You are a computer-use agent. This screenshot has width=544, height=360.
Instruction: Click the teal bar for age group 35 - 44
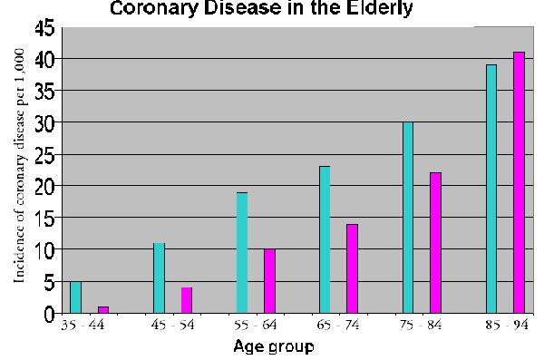75,297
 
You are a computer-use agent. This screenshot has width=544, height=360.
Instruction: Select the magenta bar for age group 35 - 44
103,309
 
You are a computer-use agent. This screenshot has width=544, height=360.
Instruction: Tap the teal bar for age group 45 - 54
160,278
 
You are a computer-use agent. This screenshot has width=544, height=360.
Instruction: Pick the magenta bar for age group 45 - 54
187,300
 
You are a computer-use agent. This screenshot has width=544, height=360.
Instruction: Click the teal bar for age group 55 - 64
242,253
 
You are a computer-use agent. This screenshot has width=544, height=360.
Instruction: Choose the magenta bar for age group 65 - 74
352,268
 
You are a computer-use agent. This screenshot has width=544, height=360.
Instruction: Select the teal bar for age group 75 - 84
408,218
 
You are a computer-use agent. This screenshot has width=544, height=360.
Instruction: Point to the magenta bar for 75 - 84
436,243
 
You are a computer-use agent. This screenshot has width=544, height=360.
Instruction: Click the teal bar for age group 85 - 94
491,189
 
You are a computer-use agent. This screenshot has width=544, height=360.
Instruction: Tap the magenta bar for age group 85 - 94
519,182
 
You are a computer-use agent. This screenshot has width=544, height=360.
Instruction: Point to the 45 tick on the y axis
44,27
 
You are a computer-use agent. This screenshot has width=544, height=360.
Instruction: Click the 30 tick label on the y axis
44,122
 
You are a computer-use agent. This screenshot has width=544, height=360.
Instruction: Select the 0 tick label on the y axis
50,314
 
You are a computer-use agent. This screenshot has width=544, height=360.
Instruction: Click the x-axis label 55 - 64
256,325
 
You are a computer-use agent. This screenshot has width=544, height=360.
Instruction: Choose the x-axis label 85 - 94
507,325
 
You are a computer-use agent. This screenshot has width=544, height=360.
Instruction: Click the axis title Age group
274,346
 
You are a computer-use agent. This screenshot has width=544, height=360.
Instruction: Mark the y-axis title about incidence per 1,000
19,166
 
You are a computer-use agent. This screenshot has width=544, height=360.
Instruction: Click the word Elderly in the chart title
379,8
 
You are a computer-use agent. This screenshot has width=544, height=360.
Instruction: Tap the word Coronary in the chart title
154,8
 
